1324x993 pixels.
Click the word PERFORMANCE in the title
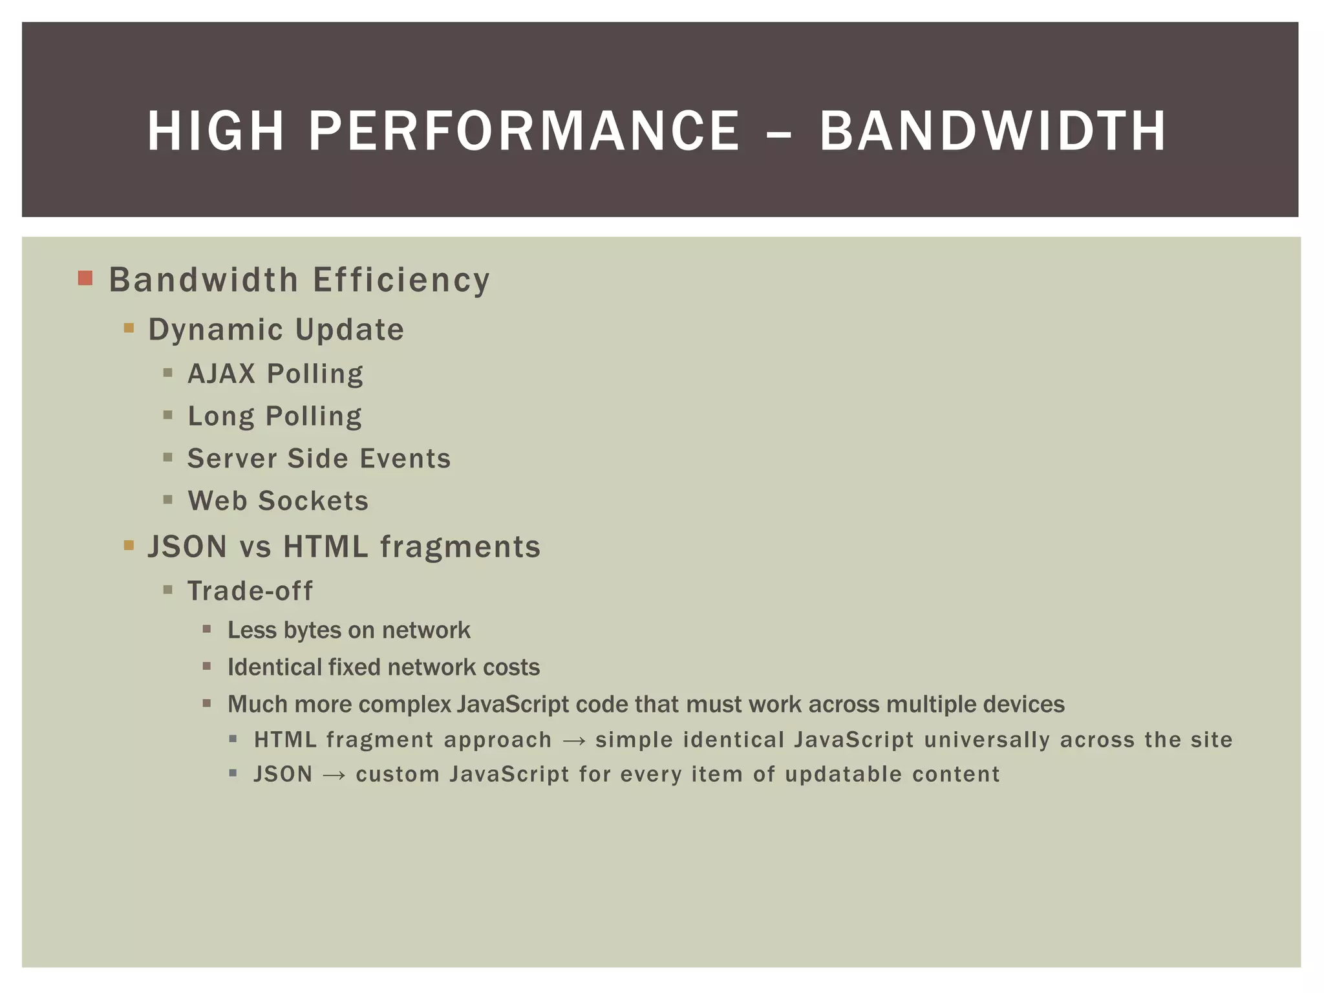[524, 131]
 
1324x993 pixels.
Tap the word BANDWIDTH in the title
[992, 131]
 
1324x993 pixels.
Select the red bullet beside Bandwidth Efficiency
[85, 279]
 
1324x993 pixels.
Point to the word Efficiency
[401, 281]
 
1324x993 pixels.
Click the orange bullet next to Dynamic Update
[129, 328]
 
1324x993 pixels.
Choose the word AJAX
[221, 374]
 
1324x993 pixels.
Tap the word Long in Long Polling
[220, 416]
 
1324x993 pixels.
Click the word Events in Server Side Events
[405, 458]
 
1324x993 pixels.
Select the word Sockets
[314, 501]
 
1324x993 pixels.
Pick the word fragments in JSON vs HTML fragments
[460, 546]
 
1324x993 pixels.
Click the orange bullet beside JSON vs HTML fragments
[129, 545]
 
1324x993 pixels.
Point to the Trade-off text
[250, 591]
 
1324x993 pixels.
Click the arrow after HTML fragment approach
[574, 741]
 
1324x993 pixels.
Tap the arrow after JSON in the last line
[334, 775]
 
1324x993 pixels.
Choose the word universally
[987, 740]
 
